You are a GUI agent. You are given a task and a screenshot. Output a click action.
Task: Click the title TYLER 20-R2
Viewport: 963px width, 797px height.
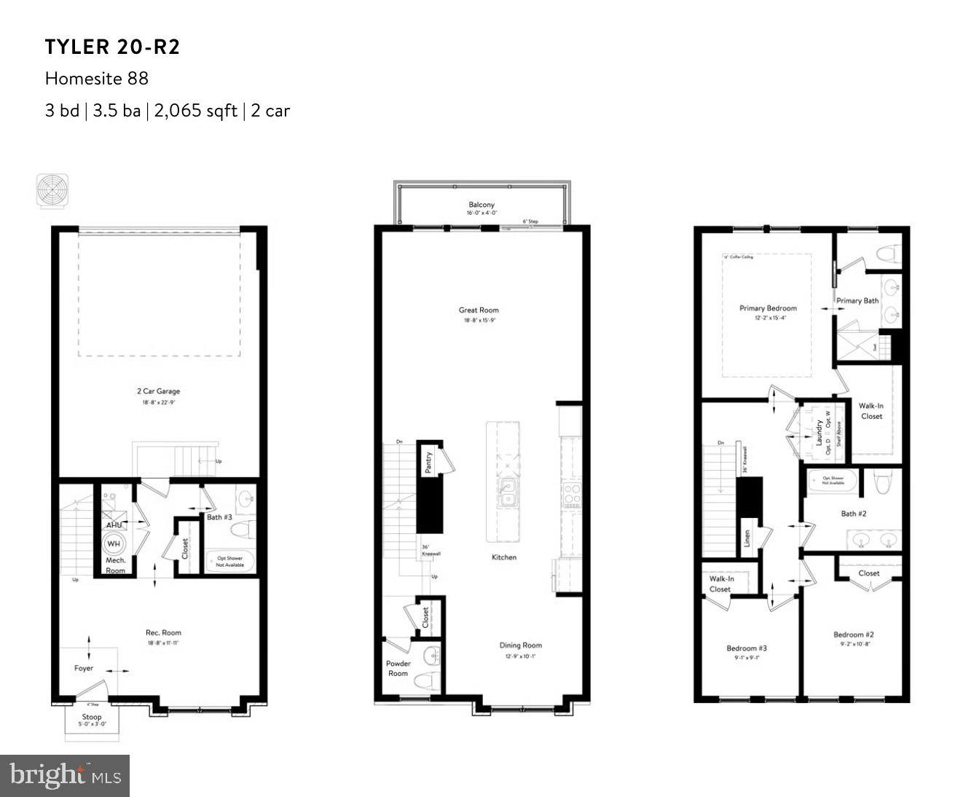click(112, 47)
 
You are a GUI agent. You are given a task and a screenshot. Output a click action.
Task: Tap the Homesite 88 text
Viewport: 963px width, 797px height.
click(96, 78)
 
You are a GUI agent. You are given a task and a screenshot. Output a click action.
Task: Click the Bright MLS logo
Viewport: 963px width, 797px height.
click(65, 775)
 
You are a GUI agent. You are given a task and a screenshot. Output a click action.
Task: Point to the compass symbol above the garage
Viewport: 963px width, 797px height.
click(53, 189)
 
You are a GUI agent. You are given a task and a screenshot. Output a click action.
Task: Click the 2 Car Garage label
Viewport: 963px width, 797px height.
click(158, 391)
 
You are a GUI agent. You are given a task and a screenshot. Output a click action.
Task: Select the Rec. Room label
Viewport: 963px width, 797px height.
click(163, 632)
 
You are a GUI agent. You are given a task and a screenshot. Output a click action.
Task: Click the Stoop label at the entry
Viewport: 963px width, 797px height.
click(92, 717)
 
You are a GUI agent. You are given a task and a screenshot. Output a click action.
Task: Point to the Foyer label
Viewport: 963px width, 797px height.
click(84, 668)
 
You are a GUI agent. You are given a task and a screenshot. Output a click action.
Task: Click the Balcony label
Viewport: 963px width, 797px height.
click(481, 205)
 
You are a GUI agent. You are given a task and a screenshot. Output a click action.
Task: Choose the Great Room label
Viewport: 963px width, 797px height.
click(479, 310)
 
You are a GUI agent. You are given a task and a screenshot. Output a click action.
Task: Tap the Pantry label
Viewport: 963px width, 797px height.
click(429, 462)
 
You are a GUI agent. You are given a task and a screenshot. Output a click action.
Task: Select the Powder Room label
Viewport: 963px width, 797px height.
click(398, 668)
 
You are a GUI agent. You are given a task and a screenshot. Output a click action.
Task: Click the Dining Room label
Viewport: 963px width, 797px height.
click(520, 645)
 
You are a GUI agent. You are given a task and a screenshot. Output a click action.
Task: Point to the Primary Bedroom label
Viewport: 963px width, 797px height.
click(768, 308)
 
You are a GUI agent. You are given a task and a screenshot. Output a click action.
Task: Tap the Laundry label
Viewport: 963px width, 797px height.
click(819, 433)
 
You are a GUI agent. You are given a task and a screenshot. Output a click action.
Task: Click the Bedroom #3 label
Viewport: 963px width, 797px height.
click(746, 648)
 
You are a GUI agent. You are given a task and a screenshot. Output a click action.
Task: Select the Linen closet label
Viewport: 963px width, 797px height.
click(747, 538)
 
